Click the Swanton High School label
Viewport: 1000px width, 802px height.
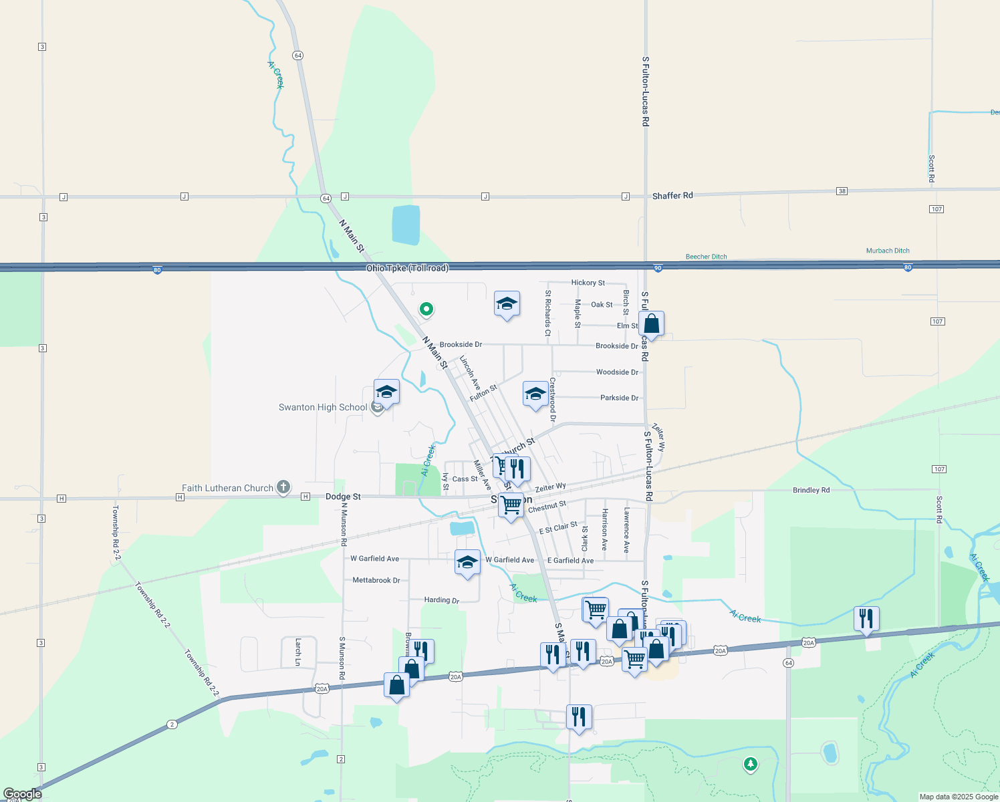[x=323, y=407]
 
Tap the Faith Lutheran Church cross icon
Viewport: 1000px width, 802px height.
[x=283, y=487]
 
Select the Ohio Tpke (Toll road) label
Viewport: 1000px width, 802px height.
[x=407, y=268]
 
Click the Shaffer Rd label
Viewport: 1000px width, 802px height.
[x=672, y=196]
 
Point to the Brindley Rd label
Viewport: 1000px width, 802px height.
[x=811, y=490]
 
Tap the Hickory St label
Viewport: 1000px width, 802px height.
[x=588, y=283]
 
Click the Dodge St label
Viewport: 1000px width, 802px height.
[x=343, y=497]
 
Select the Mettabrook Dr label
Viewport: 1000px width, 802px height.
[x=376, y=580]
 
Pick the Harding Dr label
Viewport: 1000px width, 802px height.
[x=441, y=600]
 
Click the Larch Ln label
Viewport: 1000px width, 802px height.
[x=298, y=652]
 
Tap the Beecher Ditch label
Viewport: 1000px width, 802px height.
[x=706, y=257]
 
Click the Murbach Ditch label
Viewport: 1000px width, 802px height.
[x=888, y=251]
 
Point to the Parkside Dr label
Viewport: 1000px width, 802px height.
[x=619, y=398]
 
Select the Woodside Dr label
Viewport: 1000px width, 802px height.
[x=617, y=372]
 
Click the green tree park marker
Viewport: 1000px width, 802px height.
[x=750, y=763]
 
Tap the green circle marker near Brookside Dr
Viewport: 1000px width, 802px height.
[x=426, y=309]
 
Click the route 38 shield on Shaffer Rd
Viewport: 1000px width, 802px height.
[x=842, y=191]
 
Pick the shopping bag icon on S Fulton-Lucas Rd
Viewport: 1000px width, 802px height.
[x=651, y=324]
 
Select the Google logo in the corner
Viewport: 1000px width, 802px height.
[x=22, y=793]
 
